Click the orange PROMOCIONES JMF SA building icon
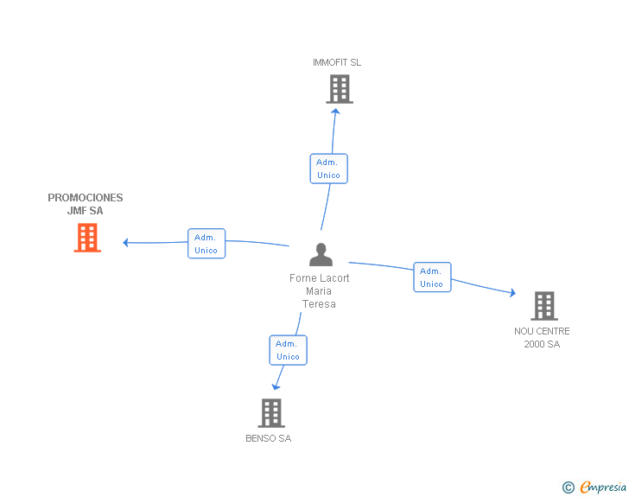pyautogui.click(x=87, y=238)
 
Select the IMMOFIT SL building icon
pyautogui.click(x=340, y=89)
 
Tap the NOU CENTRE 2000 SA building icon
pyautogui.click(x=544, y=306)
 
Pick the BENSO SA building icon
pyautogui.click(x=271, y=413)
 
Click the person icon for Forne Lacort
pyautogui.click(x=321, y=254)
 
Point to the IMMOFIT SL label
pyautogui.click(x=337, y=62)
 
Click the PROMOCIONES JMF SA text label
pyautogui.click(x=86, y=204)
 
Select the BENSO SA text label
pyautogui.click(x=269, y=438)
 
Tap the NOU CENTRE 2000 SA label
pyautogui.click(x=542, y=338)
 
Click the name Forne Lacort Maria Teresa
pyautogui.click(x=320, y=291)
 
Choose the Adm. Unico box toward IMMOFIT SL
pyautogui.click(x=329, y=169)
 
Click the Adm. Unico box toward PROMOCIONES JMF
pyautogui.click(x=206, y=243)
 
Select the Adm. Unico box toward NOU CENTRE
pyautogui.click(x=432, y=277)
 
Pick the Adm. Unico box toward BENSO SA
pyautogui.click(x=288, y=350)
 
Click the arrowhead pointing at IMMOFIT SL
pyautogui.click(x=336, y=112)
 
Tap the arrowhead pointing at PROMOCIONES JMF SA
pyautogui.click(x=125, y=243)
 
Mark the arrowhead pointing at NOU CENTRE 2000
pyautogui.click(x=512, y=293)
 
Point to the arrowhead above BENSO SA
pyautogui.click(x=276, y=386)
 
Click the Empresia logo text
pyautogui.click(x=603, y=487)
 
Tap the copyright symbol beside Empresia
pyautogui.click(x=568, y=487)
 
